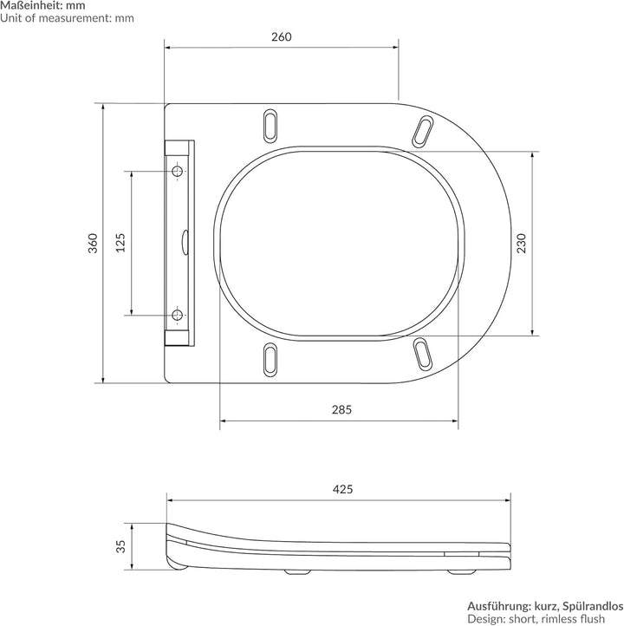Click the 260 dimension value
click(282, 36)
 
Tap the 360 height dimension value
click(93, 243)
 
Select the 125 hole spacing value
click(120, 243)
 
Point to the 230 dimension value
click(521, 244)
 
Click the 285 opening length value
click(342, 409)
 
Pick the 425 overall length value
click(342, 489)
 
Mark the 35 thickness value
click(120, 546)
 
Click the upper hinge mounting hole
click(177, 172)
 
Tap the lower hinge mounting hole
click(177, 315)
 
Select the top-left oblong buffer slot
click(270, 126)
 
